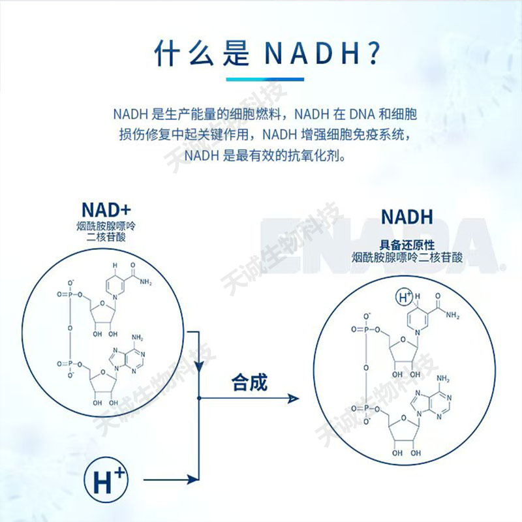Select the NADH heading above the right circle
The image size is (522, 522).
pos(407,216)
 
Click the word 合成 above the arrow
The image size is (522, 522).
pos(249,382)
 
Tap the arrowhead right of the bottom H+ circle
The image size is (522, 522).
pos(193,480)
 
